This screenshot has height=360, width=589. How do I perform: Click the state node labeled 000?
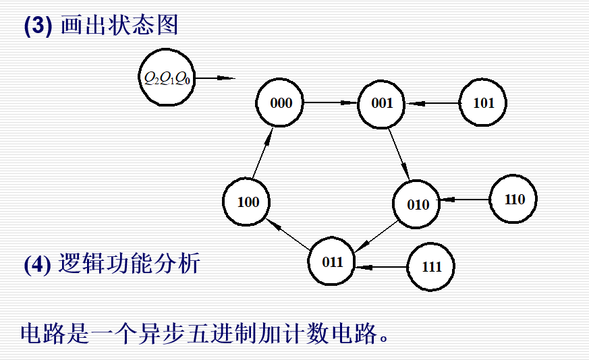[281, 103]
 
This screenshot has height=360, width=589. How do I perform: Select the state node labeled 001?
[381, 104]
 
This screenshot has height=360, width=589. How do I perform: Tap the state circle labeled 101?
[483, 104]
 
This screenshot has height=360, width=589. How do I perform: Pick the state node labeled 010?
[417, 204]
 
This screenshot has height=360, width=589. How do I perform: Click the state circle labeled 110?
[513, 200]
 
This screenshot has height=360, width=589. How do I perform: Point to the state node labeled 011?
[332, 262]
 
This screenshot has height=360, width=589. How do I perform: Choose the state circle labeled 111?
[431, 267]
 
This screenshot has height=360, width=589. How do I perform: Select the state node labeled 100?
[248, 202]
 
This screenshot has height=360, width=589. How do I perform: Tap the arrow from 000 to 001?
[331, 103]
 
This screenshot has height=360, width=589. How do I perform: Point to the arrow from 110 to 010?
[464, 200]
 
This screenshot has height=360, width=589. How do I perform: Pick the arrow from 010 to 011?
[376, 234]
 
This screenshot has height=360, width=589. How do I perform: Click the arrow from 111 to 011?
[381, 267]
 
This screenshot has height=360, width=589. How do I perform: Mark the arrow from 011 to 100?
[289, 233]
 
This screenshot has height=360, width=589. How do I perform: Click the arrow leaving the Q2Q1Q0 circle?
[215, 78]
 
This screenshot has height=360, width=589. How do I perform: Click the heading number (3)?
[38, 26]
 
